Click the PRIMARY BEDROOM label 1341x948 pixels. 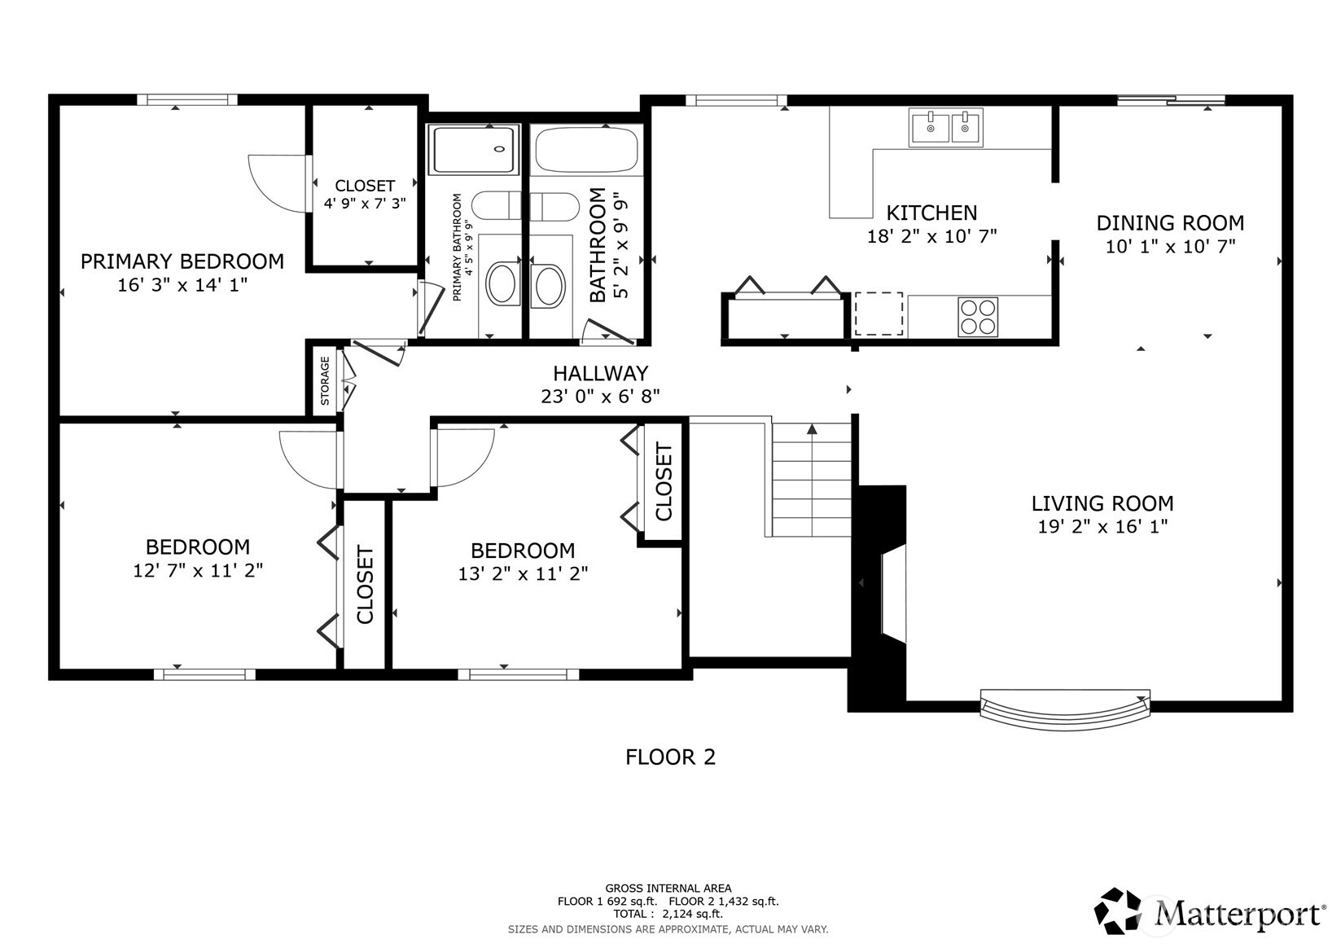coord(182,261)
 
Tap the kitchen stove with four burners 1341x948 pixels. coord(977,317)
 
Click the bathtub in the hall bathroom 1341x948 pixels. coord(585,151)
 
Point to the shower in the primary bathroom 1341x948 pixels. coord(473,150)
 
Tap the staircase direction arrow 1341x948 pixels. coord(812,429)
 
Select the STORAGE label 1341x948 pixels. coord(325,380)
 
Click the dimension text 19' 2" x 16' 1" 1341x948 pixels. coord(1102,527)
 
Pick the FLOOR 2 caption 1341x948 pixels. coord(670,757)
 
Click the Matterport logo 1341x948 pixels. coord(1209,912)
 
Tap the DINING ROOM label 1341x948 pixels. coord(1170,223)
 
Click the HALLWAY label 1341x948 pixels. coord(600,374)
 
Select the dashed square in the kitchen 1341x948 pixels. coord(879,314)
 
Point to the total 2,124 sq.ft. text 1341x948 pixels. coord(668,915)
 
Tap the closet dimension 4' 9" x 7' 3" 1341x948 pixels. coord(365,204)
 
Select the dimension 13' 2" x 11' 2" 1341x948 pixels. coord(523,574)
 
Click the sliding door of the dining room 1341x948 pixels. coord(1171,101)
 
